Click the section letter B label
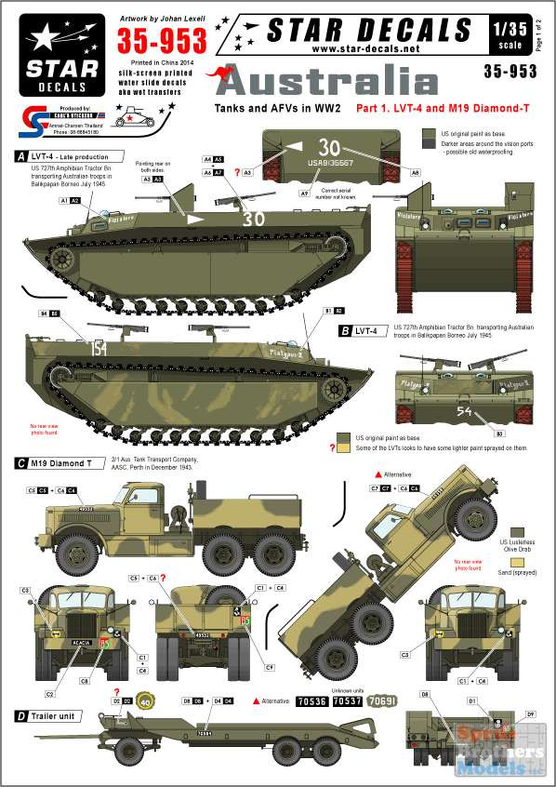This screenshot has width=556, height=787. [345, 329]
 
